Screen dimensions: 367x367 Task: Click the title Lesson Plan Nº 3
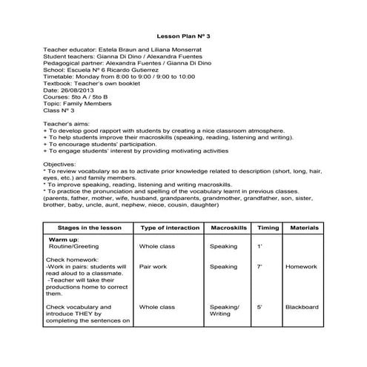tap(184, 35)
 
